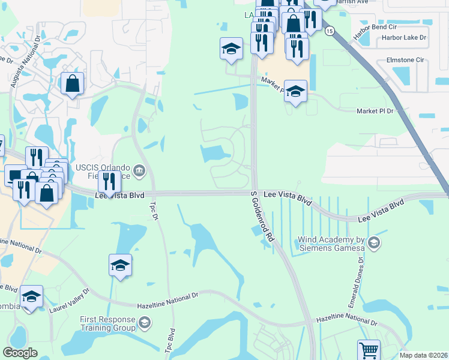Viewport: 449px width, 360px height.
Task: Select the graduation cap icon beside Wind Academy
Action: [373, 242]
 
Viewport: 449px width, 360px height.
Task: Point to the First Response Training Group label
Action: [109, 324]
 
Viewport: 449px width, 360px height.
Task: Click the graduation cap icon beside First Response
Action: [144, 324]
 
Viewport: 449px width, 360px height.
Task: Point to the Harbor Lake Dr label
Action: [403, 37]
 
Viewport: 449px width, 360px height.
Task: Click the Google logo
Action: [20, 353]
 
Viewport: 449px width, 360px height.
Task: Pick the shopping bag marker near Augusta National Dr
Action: [72, 85]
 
